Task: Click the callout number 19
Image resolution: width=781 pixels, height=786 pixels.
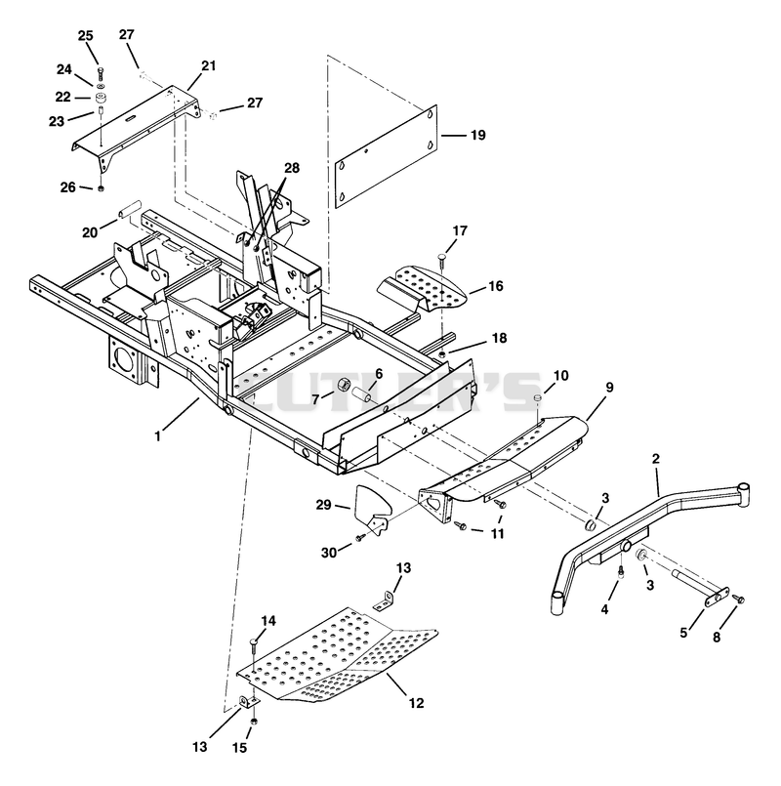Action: point(478,135)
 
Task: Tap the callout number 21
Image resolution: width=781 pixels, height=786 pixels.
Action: point(209,65)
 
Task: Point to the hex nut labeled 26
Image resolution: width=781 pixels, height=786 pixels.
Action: point(101,188)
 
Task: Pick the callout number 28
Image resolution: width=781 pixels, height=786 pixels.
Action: point(292,167)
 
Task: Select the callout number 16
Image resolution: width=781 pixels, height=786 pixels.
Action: point(496,286)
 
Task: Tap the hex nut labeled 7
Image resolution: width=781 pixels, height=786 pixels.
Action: point(344,386)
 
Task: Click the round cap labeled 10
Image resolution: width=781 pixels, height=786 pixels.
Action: point(537,398)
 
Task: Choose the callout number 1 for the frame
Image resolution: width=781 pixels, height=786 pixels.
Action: point(157,436)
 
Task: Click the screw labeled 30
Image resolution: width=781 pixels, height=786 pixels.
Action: point(359,538)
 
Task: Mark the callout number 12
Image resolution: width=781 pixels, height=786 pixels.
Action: point(416,703)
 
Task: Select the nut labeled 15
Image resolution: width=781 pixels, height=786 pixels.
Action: point(254,722)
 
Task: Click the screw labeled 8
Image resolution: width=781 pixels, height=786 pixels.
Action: point(738,600)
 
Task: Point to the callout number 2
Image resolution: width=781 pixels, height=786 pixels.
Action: point(656,458)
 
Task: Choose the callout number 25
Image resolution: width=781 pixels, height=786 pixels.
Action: point(85,35)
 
